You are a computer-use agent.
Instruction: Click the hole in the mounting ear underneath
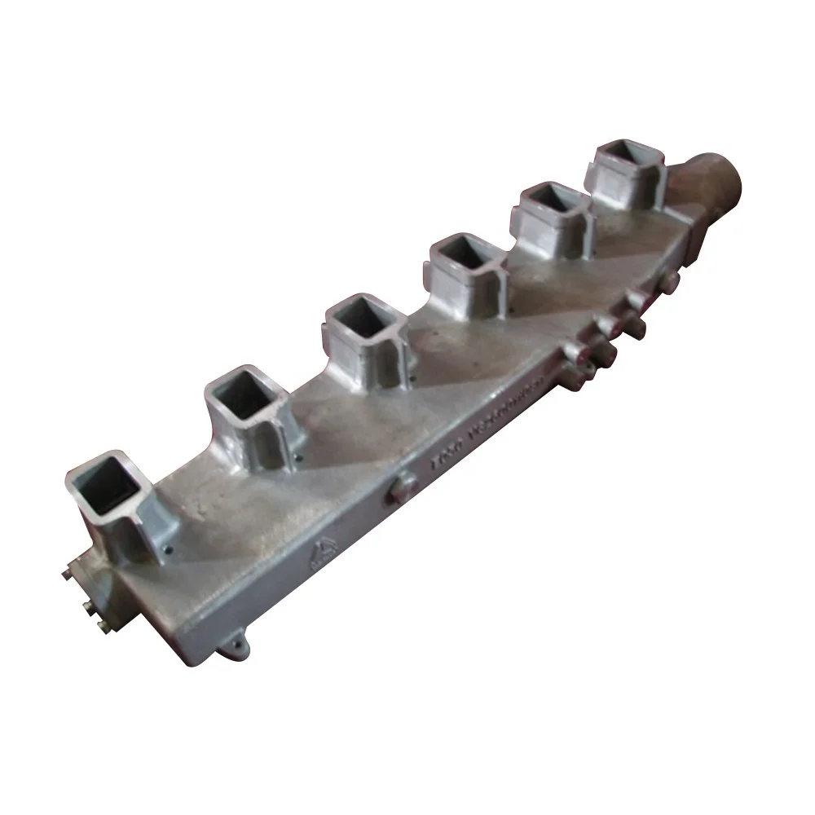coord(236,650)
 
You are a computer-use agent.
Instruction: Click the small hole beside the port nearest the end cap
coord(166,550)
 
